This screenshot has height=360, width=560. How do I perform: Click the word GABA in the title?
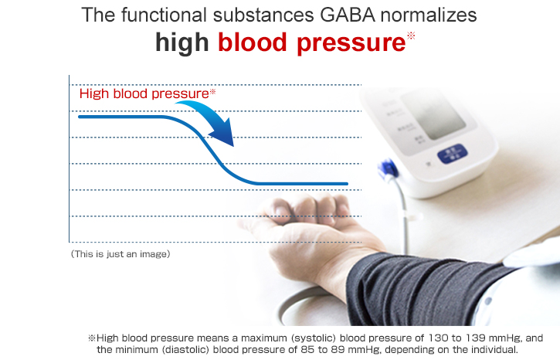coord(348,15)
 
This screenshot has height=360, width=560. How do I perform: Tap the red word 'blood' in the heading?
coord(253,42)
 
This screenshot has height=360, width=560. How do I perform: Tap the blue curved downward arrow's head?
coord(223,134)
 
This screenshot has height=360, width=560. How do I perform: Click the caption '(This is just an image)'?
coord(120,254)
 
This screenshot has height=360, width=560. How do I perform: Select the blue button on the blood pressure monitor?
coord(452,154)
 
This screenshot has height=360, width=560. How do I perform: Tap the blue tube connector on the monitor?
coord(389,170)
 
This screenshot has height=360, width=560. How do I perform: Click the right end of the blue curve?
coord(347,184)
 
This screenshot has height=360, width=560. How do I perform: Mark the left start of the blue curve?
coord(80,117)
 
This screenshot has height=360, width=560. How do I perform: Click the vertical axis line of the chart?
coord(70,159)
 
